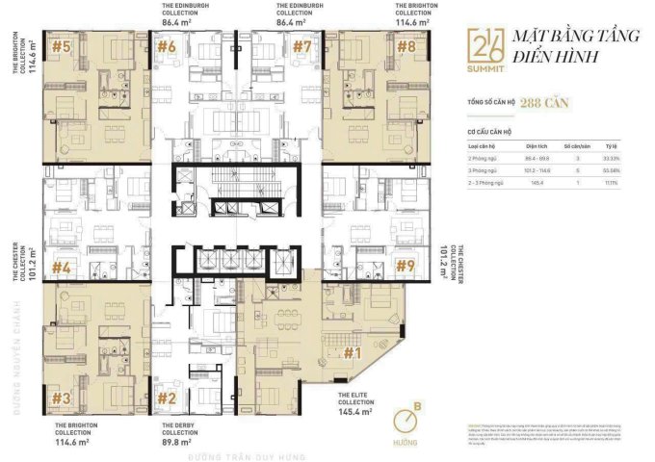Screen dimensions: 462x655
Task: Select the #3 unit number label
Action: [x=62, y=398]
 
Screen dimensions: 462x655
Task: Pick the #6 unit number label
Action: [x=167, y=46]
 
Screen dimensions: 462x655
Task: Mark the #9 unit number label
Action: [x=406, y=265]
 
